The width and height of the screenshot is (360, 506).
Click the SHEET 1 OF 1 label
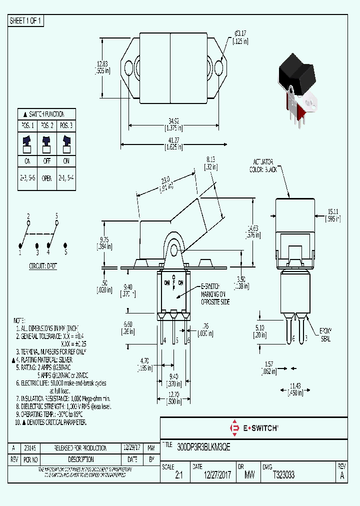tap(25, 21)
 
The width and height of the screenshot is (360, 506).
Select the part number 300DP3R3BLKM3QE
tap(204, 448)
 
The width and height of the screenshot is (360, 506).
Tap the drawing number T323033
tap(283, 475)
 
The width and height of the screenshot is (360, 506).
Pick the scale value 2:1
tap(179, 476)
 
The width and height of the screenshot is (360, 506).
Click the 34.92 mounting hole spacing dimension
tap(173, 120)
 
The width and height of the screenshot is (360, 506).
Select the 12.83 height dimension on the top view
tap(102, 64)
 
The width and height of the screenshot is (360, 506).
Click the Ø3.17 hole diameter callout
tap(239, 33)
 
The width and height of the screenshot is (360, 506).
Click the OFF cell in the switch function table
tap(47, 161)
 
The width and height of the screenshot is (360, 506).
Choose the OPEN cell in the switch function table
tap(47, 177)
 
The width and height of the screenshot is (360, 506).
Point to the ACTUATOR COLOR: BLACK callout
tap(263, 165)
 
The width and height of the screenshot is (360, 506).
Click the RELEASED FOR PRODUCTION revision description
tap(80, 447)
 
